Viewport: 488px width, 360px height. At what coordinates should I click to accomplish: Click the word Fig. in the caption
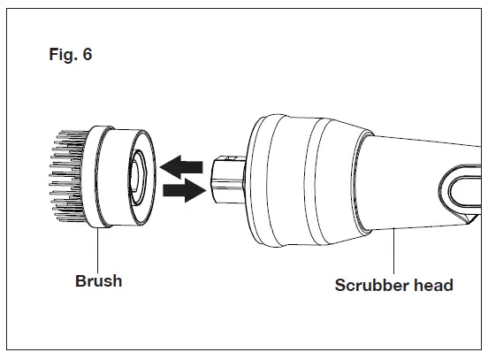63,55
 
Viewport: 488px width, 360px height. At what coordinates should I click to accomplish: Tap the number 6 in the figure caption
87,55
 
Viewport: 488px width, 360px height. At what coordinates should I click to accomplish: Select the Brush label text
98,281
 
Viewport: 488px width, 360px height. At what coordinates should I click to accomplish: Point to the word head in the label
433,285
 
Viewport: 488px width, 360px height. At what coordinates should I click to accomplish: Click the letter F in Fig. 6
53,55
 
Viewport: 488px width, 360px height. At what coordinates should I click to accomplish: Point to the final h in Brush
117,281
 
